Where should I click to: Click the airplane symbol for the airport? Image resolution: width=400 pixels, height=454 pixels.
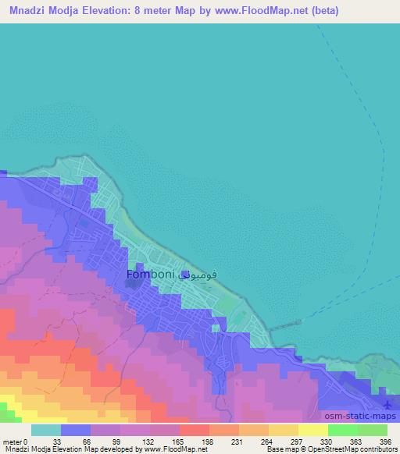click(x=390, y=403)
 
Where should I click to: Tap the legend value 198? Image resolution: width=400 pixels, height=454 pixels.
click(x=207, y=441)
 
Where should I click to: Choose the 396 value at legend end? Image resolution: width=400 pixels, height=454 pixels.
click(x=384, y=441)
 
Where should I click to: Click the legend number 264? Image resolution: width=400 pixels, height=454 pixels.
click(x=266, y=441)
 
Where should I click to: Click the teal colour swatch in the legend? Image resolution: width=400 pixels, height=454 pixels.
click(x=46, y=430)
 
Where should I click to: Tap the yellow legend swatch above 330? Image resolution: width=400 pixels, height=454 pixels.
click(x=312, y=430)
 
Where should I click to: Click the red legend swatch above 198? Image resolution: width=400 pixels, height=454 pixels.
click(x=195, y=430)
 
